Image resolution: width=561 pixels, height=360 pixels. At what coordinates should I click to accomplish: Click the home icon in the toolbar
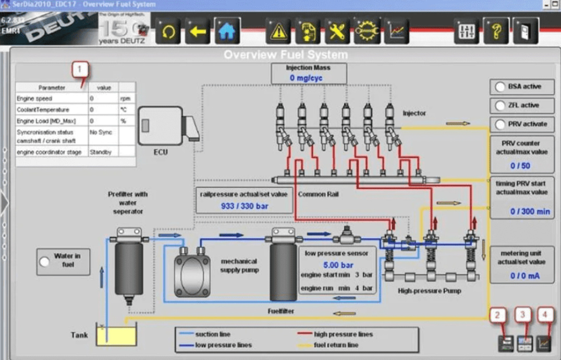[227, 32]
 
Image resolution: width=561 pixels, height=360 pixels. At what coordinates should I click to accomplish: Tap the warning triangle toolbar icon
[278, 32]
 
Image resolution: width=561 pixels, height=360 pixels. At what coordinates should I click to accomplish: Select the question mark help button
[495, 32]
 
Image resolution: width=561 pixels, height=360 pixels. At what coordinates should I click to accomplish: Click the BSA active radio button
[500, 87]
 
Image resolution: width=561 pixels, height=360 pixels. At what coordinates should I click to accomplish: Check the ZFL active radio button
[500, 106]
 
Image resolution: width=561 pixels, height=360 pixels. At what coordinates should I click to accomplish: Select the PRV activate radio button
[500, 125]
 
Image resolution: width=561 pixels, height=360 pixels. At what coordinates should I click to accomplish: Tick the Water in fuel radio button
[45, 261]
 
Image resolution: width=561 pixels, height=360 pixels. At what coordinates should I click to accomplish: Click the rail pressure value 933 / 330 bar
[243, 206]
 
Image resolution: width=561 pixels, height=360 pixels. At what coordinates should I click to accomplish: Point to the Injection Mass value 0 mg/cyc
[306, 78]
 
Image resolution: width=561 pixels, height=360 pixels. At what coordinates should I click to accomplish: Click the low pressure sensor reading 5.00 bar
[338, 265]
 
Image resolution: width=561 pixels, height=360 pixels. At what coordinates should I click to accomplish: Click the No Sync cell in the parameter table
[101, 132]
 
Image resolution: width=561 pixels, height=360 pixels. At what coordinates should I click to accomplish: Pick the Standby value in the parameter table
[101, 152]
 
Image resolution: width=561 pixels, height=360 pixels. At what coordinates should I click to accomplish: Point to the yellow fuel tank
[116, 335]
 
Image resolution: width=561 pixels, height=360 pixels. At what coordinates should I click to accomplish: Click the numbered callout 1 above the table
[80, 68]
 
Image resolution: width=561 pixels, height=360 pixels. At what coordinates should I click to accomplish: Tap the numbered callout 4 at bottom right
[545, 315]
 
